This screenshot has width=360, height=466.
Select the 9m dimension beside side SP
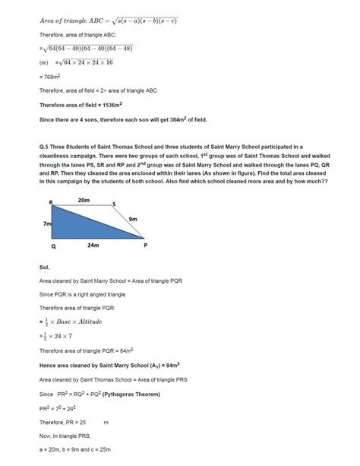pos(133,219)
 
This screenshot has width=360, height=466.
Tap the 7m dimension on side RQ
pos(46,224)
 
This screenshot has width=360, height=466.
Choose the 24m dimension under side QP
pos(93,246)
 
